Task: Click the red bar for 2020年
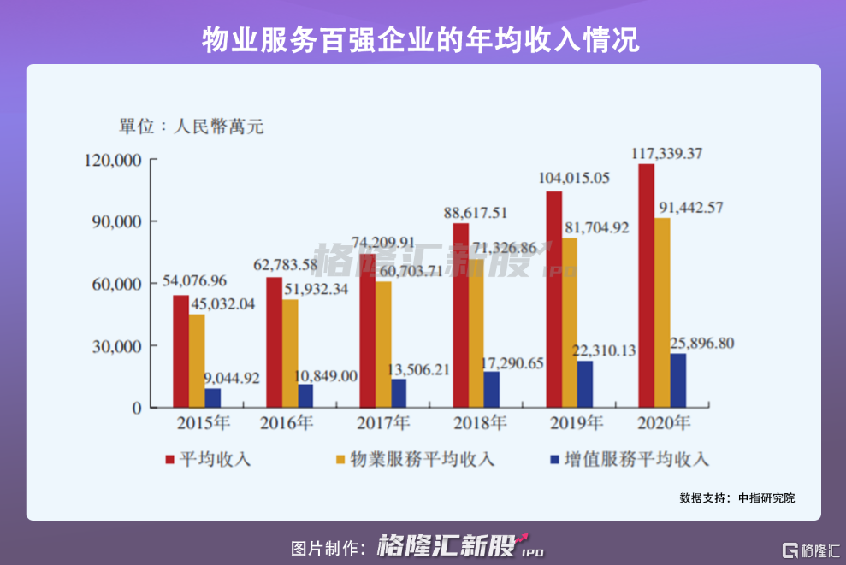tap(647, 285)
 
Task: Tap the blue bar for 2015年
tap(212, 397)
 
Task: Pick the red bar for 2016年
tap(274, 342)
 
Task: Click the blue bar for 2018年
tap(491, 389)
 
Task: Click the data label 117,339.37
tap(667, 153)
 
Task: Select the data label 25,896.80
tap(691, 343)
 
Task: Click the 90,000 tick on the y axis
tap(114, 221)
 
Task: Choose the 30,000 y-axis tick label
tap(114, 346)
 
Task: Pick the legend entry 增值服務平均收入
tap(630, 460)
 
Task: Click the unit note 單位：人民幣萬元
tap(192, 127)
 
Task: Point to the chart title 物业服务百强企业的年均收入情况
tap(422, 40)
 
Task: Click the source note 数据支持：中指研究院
tap(737, 497)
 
